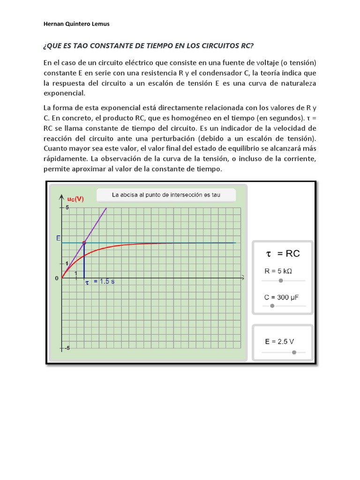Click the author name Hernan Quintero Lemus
pos(76,24)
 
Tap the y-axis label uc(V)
pos(75,199)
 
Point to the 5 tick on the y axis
pos(67,207)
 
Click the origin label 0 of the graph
pos(58,278)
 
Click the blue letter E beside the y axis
pos(58,239)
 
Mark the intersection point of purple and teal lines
pos(84,243)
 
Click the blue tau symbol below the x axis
pos(86,282)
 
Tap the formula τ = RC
pos(283,254)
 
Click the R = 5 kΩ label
pos(279,271)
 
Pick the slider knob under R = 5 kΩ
pos(281,280)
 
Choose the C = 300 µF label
pos(281,297)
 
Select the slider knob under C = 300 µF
pos(272,306)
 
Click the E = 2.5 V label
pos(279,342)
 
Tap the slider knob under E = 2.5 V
pos(294,352)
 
